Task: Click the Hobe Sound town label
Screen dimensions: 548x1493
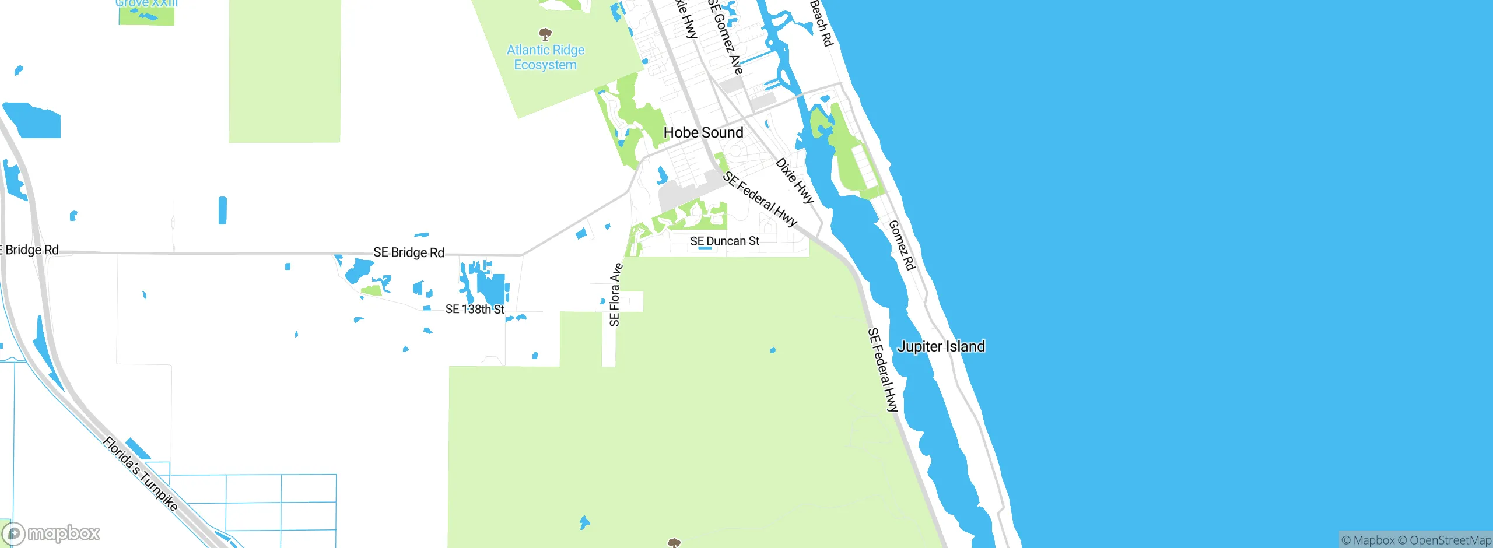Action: (703, 133)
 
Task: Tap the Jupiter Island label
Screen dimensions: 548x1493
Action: (941, 346)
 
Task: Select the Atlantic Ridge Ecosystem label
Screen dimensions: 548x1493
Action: (545, 58)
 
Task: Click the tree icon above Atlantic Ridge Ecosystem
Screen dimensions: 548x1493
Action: (545, 33)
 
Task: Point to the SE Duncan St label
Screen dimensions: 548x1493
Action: (724, 241)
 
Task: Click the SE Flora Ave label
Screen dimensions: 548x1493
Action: (615, 294)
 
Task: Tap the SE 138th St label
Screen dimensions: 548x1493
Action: (475, 309)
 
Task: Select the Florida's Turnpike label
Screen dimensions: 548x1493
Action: (141, 473)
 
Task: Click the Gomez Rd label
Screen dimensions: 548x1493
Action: (902, 245)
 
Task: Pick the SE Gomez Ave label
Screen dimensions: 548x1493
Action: (726, 36)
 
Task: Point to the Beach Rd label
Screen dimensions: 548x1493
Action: (821, 23)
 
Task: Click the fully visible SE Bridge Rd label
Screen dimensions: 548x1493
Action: (409, 252)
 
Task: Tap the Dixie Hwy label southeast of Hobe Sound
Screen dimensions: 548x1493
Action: (794, 180)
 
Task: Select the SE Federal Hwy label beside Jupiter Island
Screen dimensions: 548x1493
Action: (883, 370)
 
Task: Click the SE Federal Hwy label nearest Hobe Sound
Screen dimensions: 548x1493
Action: (760, 199)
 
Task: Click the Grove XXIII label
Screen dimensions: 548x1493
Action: (146, 3)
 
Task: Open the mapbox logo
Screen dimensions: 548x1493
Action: (51, 533)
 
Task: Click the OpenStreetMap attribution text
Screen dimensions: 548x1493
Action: (1450, 540)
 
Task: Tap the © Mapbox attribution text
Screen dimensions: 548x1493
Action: (1368, 540)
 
